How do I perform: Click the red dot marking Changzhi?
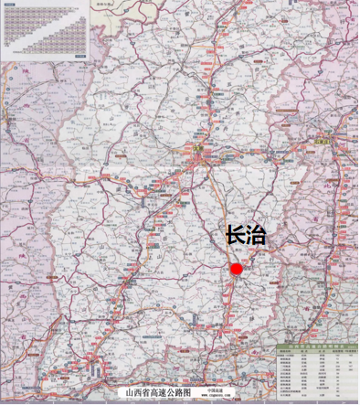(x=237, y=269)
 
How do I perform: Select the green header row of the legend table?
(x=316, y=347)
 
